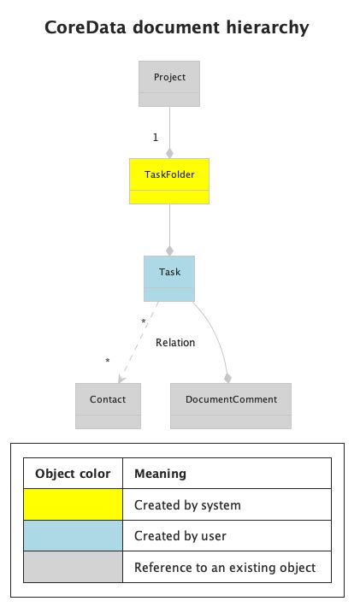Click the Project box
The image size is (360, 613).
(169, 83)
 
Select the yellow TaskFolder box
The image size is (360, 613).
(169, 180)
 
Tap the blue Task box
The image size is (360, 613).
(169, 278)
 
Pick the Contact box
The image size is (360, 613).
(108, 405)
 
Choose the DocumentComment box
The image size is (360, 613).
(230, 405)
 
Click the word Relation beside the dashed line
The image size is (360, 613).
(175, 343)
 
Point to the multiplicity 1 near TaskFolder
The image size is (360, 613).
(155, 137)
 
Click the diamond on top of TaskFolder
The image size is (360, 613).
(169, 153)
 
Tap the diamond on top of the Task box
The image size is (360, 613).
(169, 251)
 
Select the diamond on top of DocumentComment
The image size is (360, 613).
(228, 377)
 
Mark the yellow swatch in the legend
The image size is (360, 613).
(73, 504)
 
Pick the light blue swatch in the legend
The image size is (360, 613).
(73, 536)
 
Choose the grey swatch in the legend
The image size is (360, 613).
(73, 567)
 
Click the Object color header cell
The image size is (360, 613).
(73, 474)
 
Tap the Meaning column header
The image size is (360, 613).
(160, 474)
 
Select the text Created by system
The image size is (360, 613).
(187, 505)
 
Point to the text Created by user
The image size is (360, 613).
(180, 536)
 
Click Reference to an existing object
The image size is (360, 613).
(225, 567)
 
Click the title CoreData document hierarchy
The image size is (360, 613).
(176, 28)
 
